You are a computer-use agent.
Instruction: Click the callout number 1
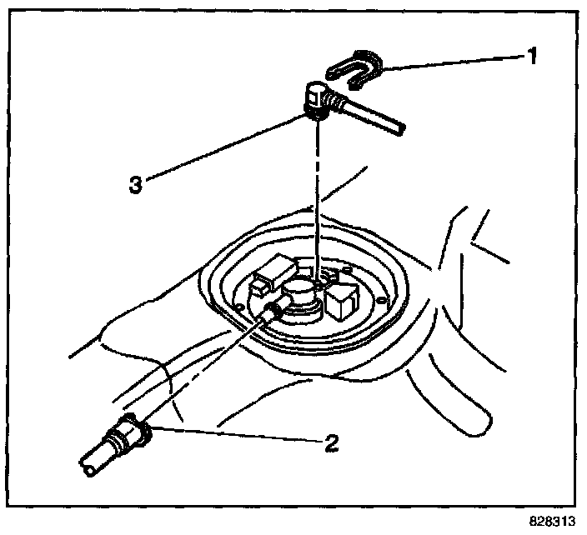(x=531, y=58)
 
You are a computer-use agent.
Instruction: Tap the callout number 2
(x=332, y=442)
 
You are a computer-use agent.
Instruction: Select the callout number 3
(x=136, y=183)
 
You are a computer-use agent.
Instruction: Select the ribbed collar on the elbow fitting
(x=338, y=104)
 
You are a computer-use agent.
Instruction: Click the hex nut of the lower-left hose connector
(x=135, y=428)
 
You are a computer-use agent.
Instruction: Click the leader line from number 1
(x=450, y=58)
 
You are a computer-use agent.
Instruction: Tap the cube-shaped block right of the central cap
(x=343, y=301)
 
